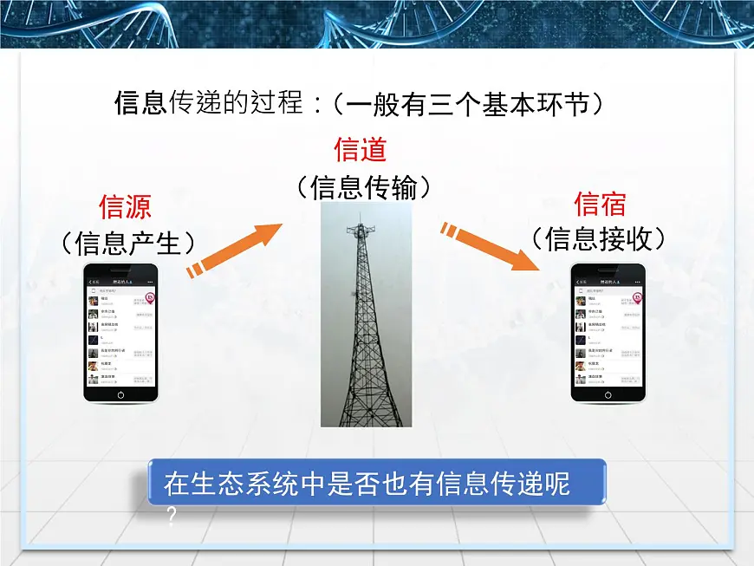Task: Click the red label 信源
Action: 125,207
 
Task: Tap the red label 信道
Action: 360,149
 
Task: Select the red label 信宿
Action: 600,204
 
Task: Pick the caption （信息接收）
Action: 599,237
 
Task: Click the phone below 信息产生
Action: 120,333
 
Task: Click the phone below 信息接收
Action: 608,333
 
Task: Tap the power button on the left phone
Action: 120,394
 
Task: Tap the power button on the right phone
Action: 608,394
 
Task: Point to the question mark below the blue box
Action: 172,517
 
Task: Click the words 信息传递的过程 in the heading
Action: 209,103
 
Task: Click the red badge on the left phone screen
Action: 150,297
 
